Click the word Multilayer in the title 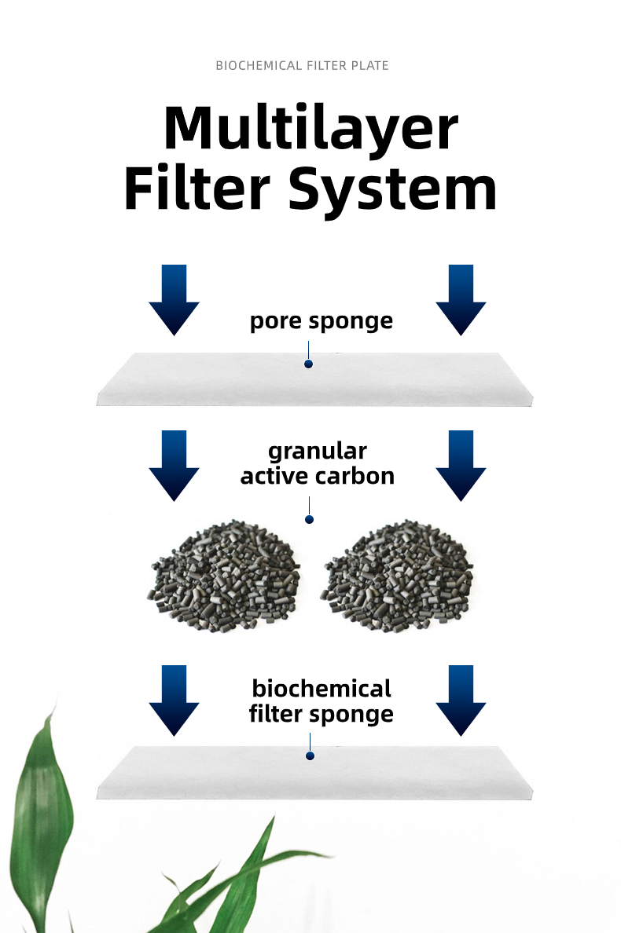310,128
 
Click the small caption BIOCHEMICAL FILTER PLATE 302,66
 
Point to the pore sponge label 321,321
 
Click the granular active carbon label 317,463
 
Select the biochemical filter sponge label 321,701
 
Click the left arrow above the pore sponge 174,299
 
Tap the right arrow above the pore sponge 461,299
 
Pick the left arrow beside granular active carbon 174,465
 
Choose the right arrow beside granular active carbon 461,465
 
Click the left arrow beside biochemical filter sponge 174,700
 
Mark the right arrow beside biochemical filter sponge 461,700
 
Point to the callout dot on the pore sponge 309,364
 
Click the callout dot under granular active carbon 310,520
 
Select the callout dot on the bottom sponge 310,756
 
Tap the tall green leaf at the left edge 43,825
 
